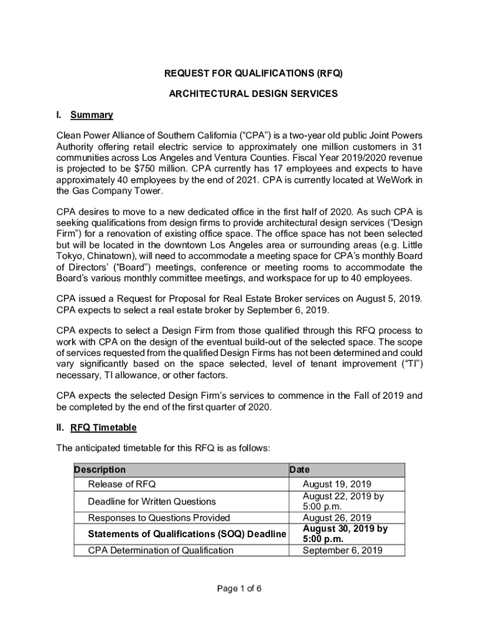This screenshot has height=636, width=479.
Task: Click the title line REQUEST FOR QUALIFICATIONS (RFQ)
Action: pos(253,74)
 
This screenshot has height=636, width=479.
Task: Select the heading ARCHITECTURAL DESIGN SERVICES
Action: pos(253,94)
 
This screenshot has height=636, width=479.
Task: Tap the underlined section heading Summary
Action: pos(91,115)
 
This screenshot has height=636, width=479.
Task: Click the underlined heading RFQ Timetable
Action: pos(103,428)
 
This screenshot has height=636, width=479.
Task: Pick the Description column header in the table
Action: pos(100,470)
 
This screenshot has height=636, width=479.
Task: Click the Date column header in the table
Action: pos(299,470)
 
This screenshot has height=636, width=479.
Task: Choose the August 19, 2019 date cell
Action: pos(337,484)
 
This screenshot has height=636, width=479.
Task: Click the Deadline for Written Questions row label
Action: pos(152,501)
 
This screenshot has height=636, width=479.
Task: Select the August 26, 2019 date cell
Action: pos(337,517)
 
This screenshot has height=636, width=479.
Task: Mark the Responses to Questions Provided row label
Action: pos(159,517)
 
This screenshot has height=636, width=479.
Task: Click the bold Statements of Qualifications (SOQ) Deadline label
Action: pos(187,534)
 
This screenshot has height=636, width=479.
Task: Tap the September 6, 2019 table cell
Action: pos(342,550)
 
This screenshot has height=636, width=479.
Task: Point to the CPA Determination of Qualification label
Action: pos(160,550)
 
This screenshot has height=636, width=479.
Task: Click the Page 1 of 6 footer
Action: pos(239,589)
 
